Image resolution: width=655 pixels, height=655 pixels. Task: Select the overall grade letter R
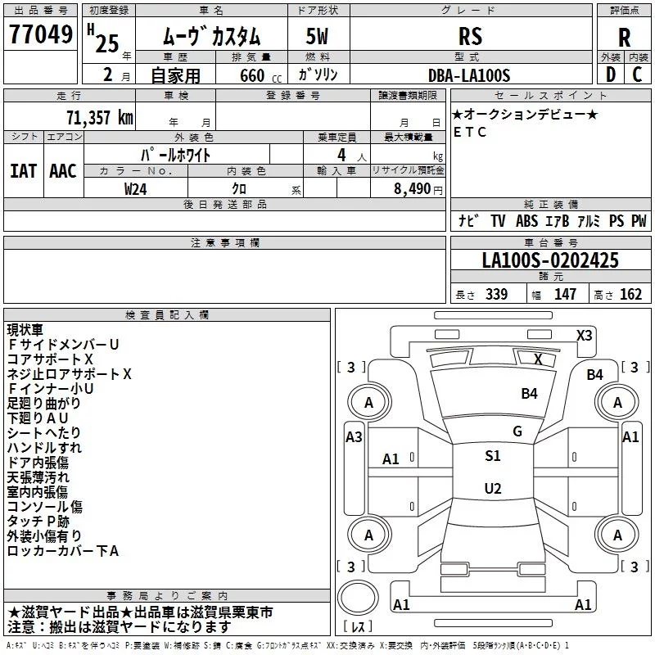(624, 36)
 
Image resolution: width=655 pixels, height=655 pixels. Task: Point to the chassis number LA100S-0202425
(550, 260)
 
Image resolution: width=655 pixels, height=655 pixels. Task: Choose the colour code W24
(136, 188)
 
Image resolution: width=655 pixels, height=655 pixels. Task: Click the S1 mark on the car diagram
(493, 456)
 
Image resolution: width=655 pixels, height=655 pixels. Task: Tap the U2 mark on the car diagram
(493, 489)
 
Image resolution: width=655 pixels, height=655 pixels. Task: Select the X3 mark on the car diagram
(585, 335)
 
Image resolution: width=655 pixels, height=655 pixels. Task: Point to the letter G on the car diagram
(517, 431)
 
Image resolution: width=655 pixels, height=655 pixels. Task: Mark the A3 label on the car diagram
(354, 437)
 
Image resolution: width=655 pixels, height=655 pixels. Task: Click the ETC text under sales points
(470, 132)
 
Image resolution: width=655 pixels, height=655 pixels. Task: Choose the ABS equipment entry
(526, 221)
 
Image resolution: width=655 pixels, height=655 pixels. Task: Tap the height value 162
(630, 295)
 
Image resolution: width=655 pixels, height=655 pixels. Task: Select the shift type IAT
(24, 170)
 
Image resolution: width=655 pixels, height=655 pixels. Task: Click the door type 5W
(317, 36)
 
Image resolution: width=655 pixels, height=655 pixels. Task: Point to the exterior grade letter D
(610, 75)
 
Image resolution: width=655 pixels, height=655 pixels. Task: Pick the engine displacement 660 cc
(247, 75)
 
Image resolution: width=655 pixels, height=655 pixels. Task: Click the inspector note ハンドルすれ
(44, 448)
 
